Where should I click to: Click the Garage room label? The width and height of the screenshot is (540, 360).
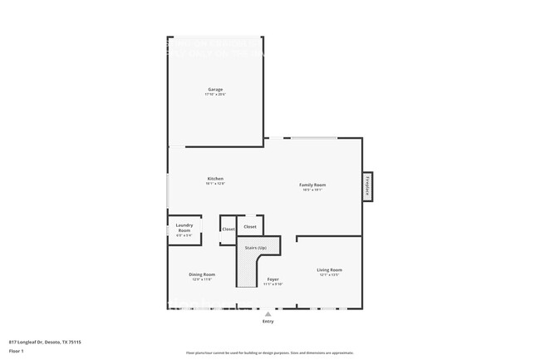[215, 90]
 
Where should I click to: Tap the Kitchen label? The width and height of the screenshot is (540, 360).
[215, 179]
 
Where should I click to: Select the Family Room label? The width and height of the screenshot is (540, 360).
[312, 185]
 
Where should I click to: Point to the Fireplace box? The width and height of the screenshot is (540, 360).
[367, 186]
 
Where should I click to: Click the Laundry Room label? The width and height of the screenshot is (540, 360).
[184, 227]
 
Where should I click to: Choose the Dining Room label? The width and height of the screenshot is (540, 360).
[203, 274]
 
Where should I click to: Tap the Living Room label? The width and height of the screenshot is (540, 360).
[330, 269]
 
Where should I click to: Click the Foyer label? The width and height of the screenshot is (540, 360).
[272, 279]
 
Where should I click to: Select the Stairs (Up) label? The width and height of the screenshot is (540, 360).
[256, 249]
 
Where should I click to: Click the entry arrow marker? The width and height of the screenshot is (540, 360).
[268, 314]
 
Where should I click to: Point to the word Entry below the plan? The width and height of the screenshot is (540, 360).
[268, 322]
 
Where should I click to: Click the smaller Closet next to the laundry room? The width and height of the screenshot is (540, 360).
[228, 229]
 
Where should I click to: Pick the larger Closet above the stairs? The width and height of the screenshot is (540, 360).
[250, 226]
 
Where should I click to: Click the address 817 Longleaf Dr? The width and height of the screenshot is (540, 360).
[44, 342]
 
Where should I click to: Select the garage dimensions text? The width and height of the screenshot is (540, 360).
[215, 95]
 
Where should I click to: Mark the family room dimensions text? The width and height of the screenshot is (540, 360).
[312, 190]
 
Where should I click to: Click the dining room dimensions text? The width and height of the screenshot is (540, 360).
[203, 279]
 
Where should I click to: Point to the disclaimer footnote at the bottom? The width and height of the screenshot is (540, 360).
[270, 353]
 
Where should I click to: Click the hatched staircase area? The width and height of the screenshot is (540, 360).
[247, 270]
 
